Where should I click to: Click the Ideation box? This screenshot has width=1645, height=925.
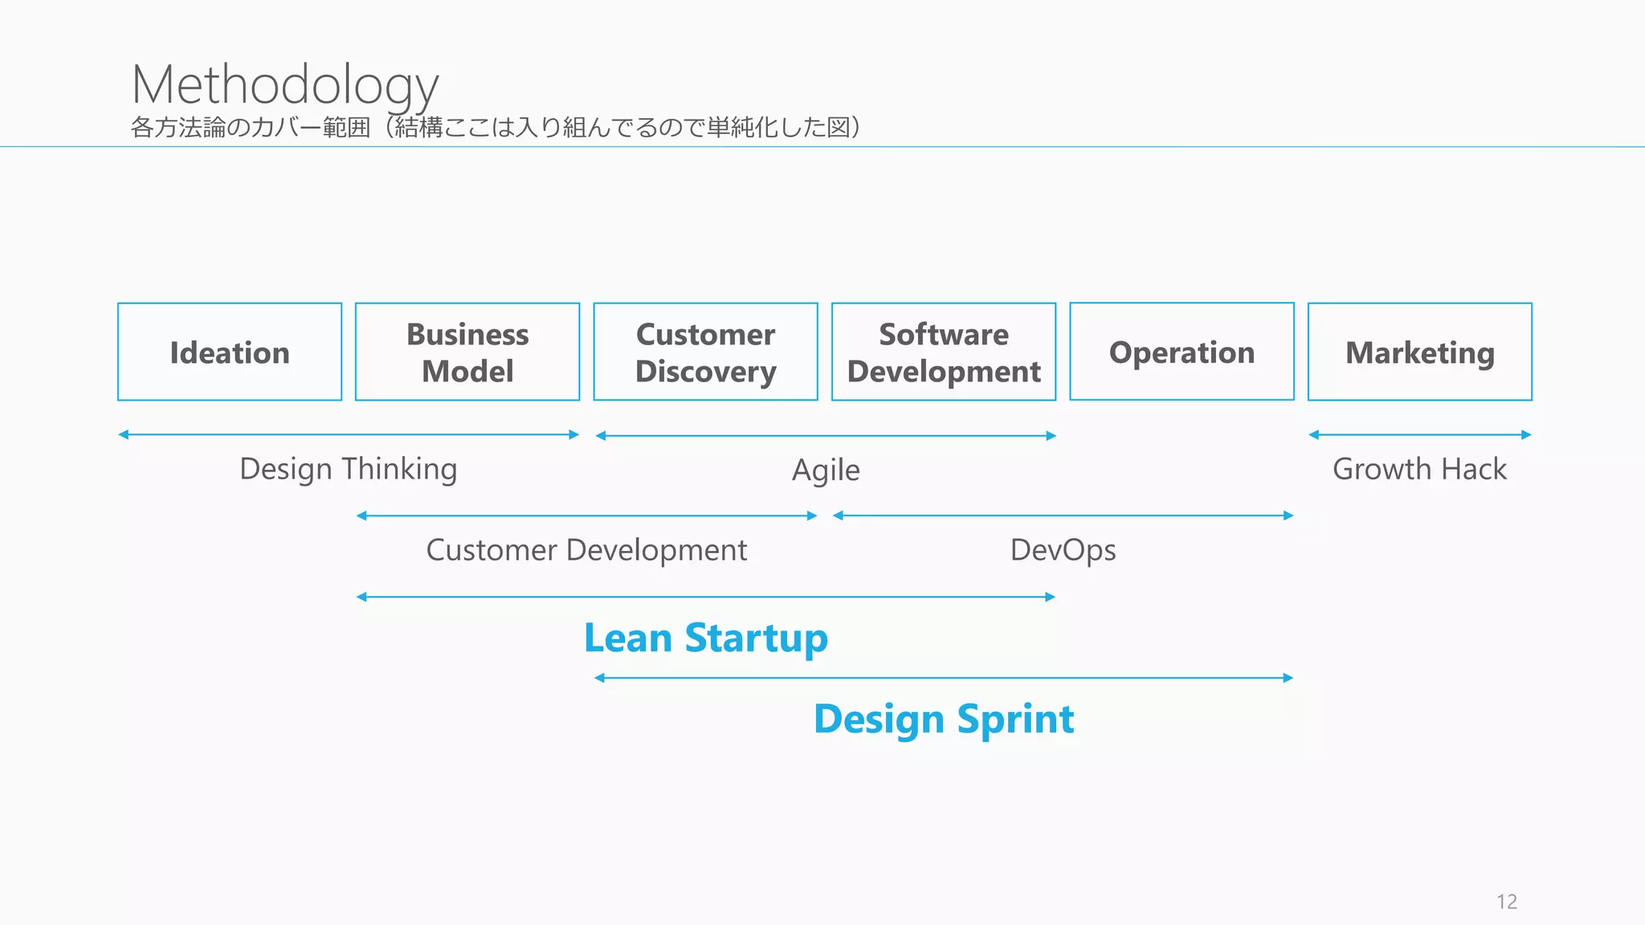point(230,352)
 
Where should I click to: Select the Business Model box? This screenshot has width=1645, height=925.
point(467,352)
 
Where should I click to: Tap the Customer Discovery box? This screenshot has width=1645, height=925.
point(705,352)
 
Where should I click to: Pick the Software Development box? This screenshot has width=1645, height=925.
point(944,352)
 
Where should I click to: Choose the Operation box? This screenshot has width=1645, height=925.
point(1182,352)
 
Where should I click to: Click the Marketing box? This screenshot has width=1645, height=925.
point(1419,352)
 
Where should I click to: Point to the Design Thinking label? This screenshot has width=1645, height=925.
point(348,469)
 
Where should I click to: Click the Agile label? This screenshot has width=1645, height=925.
point(826,471)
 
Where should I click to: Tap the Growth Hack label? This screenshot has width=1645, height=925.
point(1419,469)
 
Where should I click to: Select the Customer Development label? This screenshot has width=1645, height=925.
point(586,550)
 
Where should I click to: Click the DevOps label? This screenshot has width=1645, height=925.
point(1063,550)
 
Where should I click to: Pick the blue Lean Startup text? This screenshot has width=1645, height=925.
point(705,638)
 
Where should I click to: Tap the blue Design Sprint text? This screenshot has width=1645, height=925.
point(944,719)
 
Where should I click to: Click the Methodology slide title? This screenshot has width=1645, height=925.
point(285,84)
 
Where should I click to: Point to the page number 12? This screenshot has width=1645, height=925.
point(1507,902)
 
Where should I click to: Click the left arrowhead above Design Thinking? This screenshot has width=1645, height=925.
point(123,434)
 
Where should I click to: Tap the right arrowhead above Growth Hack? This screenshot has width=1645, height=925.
point(1527,434)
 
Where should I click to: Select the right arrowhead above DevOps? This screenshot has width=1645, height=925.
point(1288,515)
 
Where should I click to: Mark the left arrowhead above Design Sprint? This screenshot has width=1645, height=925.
point(599,678)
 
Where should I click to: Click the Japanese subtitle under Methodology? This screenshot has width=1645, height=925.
point(496,128)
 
